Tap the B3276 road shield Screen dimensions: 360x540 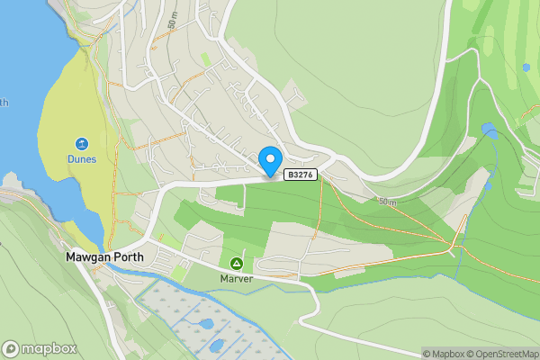click(x=301, y=175)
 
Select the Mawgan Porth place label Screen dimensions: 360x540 click(x=104, y=256)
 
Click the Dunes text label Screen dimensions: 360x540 click(x=81, y=159)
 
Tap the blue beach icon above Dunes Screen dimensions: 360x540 click(x=81, y=144)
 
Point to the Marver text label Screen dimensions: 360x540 click(x=236, y=278)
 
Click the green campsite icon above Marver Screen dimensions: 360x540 click(x=236, y=263)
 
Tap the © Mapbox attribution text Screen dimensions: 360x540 click(x=445, y=354)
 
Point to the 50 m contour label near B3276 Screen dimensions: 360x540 click(x=386, y=200)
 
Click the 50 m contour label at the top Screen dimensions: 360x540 click(x=170, y=18)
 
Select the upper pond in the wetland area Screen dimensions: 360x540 click(x=205, y=324)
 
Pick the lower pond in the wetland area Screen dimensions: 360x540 click(x=216, y=345)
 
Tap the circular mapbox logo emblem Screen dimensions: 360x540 click(x=12, y=348)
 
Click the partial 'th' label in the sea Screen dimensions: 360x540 click(x=4, y=103)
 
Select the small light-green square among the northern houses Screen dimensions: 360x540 click(x=206, y=59)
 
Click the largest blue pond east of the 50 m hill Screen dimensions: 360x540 click(x=490, y=131)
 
